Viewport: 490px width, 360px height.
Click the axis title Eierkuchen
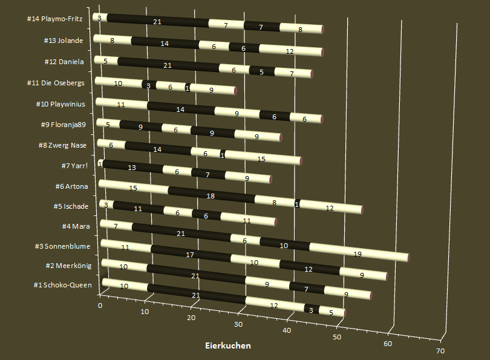(x=227, y=345)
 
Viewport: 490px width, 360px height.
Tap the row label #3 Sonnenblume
(x=65, y=247)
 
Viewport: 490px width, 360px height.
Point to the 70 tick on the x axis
(x=440, y=351)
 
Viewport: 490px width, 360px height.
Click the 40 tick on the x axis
(x=287, y=330)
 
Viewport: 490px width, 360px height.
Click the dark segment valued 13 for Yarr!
(x=132, y=167)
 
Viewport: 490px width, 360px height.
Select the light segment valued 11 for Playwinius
(x=122, y=104)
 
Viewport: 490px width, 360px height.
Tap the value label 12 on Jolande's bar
(x=290, y=51)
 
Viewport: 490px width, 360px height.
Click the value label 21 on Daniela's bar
(x=169, y=64)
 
